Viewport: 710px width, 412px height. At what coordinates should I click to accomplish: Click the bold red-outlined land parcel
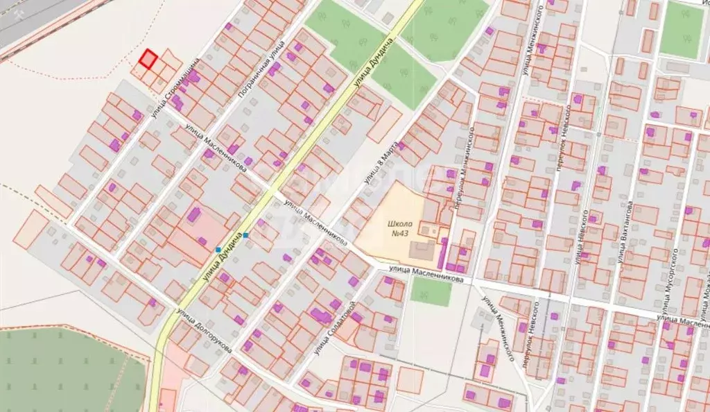click(148, 59)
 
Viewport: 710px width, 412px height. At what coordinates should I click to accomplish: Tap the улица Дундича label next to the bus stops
click(225, 257)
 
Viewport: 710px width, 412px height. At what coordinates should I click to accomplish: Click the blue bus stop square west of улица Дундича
click(218, 249)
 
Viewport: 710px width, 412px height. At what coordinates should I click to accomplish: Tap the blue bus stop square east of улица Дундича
click(245, 235)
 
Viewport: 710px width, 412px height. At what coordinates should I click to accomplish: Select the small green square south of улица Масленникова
click(431, 292)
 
